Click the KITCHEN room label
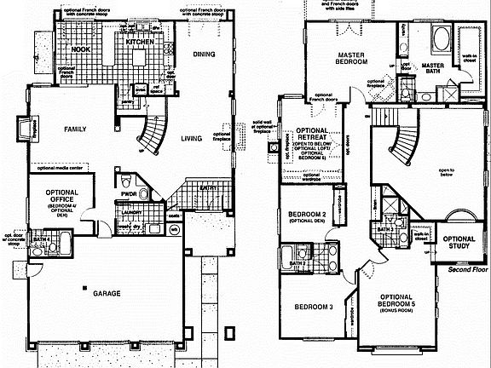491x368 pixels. click(x=138, y=41)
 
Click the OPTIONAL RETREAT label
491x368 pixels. click(x=314, y=134)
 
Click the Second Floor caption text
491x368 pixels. click(x=466, y=270)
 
